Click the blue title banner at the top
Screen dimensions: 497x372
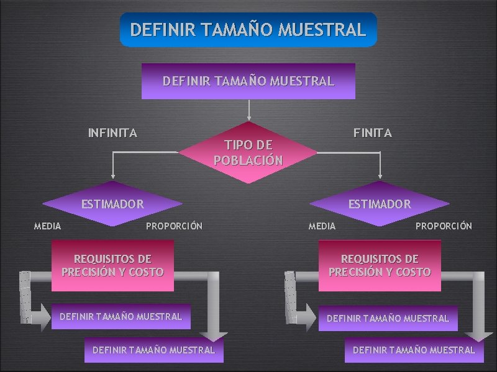click(x=248, y=30)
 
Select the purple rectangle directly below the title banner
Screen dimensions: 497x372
click(x=248, y=81)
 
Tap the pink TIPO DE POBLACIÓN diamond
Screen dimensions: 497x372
click(x=248, y=153)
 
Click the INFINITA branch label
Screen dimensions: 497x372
click(x=112, y=133)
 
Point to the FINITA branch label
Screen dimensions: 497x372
click(x=373, y=133)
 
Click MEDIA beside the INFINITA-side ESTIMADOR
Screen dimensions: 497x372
click(x=47, y=226)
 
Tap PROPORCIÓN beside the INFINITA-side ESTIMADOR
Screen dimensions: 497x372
click(x=174, y=226)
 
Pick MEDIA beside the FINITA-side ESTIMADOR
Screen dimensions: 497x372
click(x=322, y=226)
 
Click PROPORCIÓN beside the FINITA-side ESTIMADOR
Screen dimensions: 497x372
click(x=444, y=226)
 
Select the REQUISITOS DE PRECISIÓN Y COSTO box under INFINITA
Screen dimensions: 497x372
click(x=112, y=265)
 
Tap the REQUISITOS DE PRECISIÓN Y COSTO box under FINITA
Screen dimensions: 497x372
click(x=380, y=265)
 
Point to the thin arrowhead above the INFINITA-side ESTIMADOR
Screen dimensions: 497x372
click(x=113, y=176)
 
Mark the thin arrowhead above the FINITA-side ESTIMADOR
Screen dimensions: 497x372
click(x=380, y=176)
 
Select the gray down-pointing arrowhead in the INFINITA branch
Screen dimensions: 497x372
click(x=214, y=335)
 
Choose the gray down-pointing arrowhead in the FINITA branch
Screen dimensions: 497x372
click(x=479, y=335)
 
